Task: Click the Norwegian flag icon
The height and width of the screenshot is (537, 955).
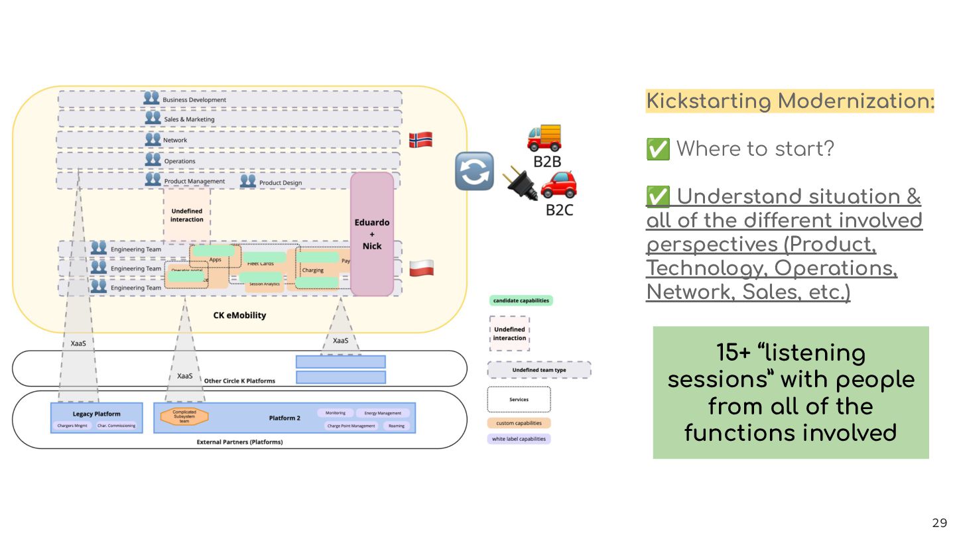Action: click(x=420, y=140)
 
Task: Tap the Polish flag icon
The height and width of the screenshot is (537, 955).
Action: click(x=421, y=268)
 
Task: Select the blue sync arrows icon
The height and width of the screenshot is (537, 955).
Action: click(x=474, y=171)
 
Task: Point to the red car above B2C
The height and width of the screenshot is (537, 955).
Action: click(x=558, y=185)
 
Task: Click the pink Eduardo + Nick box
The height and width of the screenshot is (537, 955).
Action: click(x=372, y=234)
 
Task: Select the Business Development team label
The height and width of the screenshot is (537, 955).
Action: click(x=194, y=100)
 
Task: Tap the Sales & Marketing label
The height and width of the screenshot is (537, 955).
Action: click(x=189, y=119)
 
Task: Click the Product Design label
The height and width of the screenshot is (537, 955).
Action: click(x=280, y=182)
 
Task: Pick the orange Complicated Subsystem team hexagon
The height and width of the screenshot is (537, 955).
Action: click(x=184, y=416)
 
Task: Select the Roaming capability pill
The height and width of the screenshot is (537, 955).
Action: click(x=396, y=426)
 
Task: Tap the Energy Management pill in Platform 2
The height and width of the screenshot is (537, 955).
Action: click(x=383, y=413)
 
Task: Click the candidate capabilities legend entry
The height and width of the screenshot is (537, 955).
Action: click(x=521, y=300)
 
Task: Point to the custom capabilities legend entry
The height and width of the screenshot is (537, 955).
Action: click(x=519, y=423)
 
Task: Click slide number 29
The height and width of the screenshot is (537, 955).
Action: click(x=939, y=523)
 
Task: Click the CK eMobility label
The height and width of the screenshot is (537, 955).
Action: click(x=239, y=315)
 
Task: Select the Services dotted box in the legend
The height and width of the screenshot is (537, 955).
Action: click(x=519, y=400)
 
